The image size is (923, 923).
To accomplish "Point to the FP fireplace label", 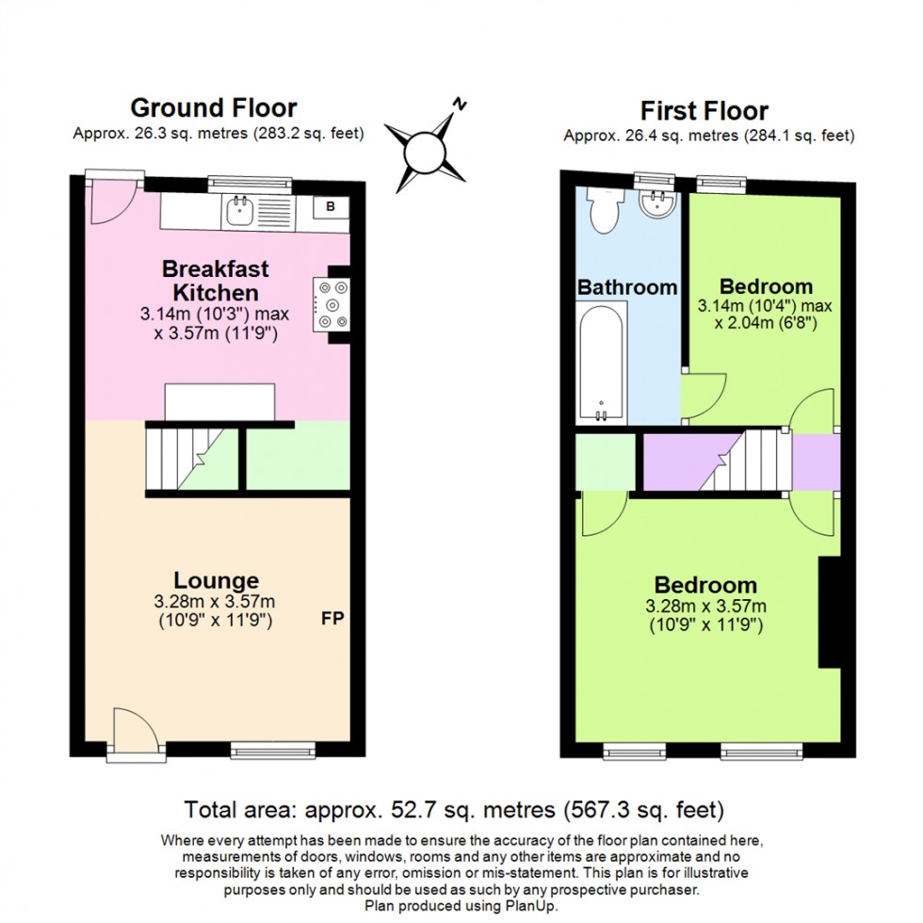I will (x=332, y=619).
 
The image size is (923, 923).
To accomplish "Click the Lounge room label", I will (x=216, y=580).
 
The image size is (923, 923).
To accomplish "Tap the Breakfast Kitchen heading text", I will (x=215, y=280).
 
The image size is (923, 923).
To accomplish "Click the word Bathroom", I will (x=627, y=287).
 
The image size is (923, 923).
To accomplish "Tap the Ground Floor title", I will (x=214, y=108).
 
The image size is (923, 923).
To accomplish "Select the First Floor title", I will (x=704, y=111).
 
